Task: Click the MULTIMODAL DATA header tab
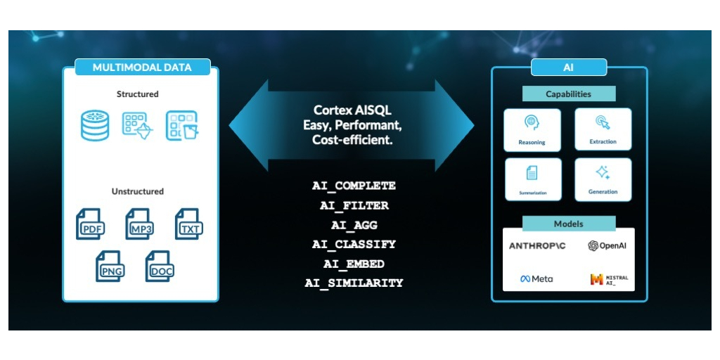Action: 142,67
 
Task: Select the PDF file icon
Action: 91,224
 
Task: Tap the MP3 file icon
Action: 140,224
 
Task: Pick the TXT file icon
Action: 189,224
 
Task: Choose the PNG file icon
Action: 110,266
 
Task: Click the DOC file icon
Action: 160,266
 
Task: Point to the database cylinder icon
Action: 95,125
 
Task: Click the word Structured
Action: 137,94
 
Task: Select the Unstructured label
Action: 137,191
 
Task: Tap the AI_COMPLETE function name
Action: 354,186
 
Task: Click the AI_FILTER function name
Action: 354,206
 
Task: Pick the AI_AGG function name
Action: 354,225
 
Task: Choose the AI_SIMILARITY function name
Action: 354,283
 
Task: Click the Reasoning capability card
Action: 532,130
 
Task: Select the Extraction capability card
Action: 603,129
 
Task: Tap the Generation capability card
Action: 603,179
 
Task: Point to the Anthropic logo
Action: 536,246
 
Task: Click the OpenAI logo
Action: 607,245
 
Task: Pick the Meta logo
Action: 536,278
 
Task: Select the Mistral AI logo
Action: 609,280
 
